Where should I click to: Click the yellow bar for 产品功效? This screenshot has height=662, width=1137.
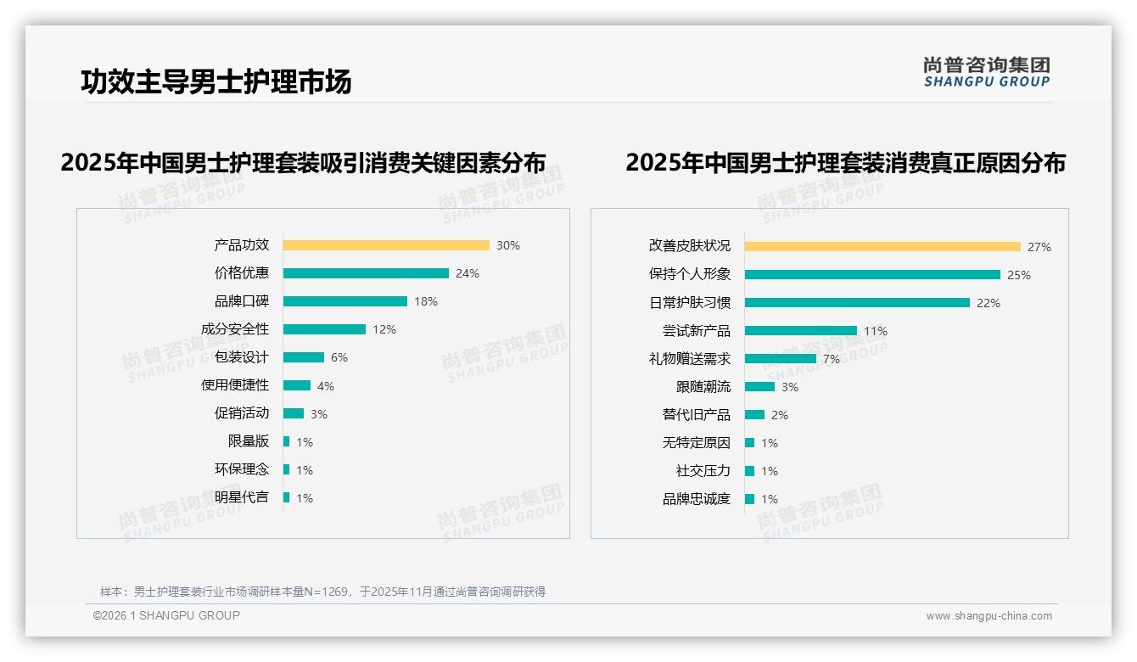pyautogui.click(x=386, y=245)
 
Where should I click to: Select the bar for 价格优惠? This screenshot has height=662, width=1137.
pyautogui.click(x=366, y=273)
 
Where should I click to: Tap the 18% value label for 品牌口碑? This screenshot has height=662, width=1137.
pyautogui.click(x=426, y=301)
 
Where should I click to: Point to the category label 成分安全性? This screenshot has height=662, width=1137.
pyautogui.click(x=235, y=329)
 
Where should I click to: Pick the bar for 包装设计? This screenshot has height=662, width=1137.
pyautogui.click(x=304, y=357)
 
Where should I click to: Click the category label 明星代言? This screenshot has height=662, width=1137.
pyautogui.click(x=242, y=497)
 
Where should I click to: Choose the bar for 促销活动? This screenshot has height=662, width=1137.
pyautogui.click(x=294, y=413)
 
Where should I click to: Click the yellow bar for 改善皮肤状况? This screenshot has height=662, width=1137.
pyautogui.click(x=882, y=247)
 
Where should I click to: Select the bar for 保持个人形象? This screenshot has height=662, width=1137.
pyautogui.click(x=872, y=275)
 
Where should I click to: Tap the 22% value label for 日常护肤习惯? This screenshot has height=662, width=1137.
pyautogui.click(x=989, y=303)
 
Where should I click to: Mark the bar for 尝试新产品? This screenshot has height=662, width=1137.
pyautogui.click(x=801, y=331)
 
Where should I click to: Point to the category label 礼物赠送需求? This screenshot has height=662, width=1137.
pyautogui.click(x=690, y=359)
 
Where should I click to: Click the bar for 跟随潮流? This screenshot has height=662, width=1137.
pyautogui.click(x=760, y=387)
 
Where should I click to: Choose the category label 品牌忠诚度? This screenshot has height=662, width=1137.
pyautogui.click(x=697, y=499)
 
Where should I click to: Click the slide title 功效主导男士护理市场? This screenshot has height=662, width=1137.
pyautogui.click(x=216, y=81)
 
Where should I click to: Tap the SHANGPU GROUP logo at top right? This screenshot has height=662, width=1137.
pyautogui.click(x=986, y=72)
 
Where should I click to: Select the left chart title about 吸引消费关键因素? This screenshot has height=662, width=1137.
pyautogui.click(x=303, y=162)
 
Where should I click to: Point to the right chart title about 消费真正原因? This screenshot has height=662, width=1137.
pyautogui.click(x=845, y=162)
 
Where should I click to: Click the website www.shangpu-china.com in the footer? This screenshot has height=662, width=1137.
pyautogui.click(x=989, y=616)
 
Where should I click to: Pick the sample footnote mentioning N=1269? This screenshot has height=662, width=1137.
pyautogui.click(x=322, y=592)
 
